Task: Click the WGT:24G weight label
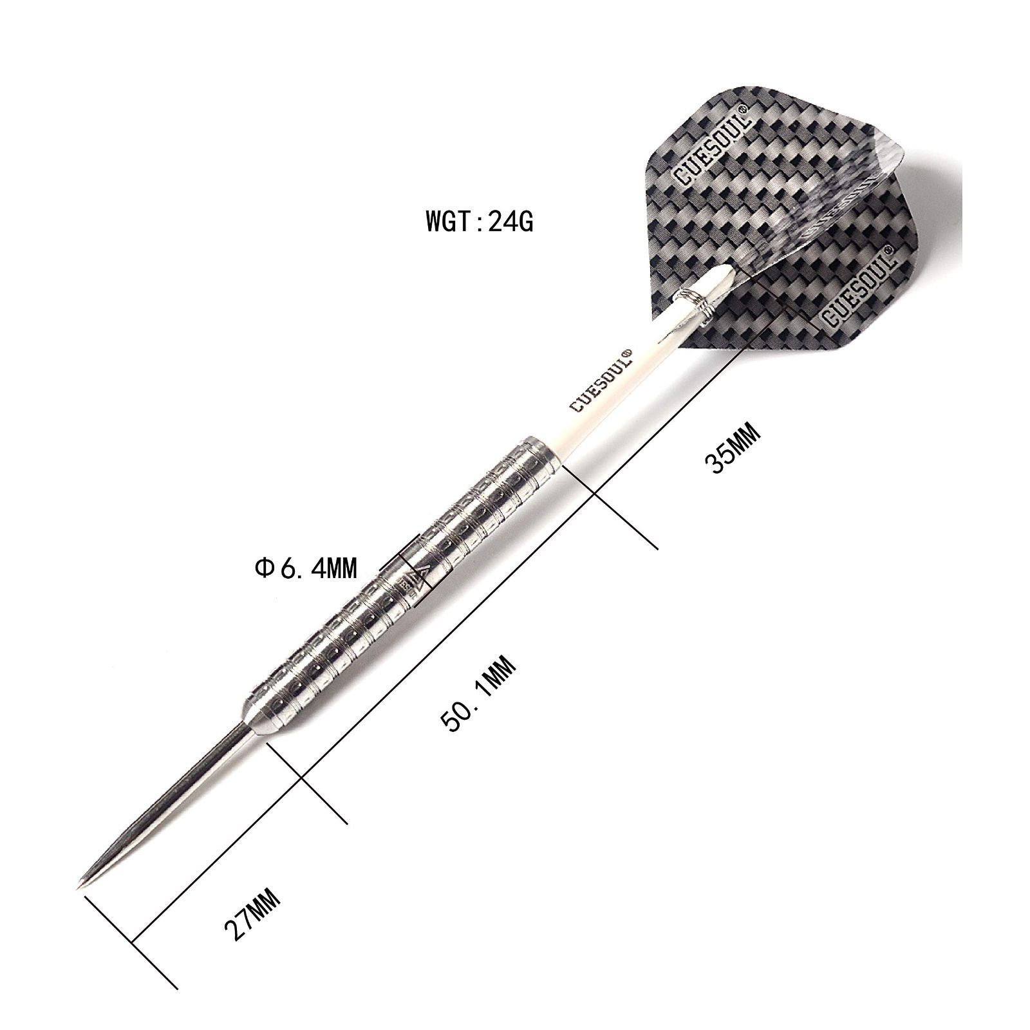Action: click(479, 222)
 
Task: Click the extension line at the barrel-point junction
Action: click(306, 782)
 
